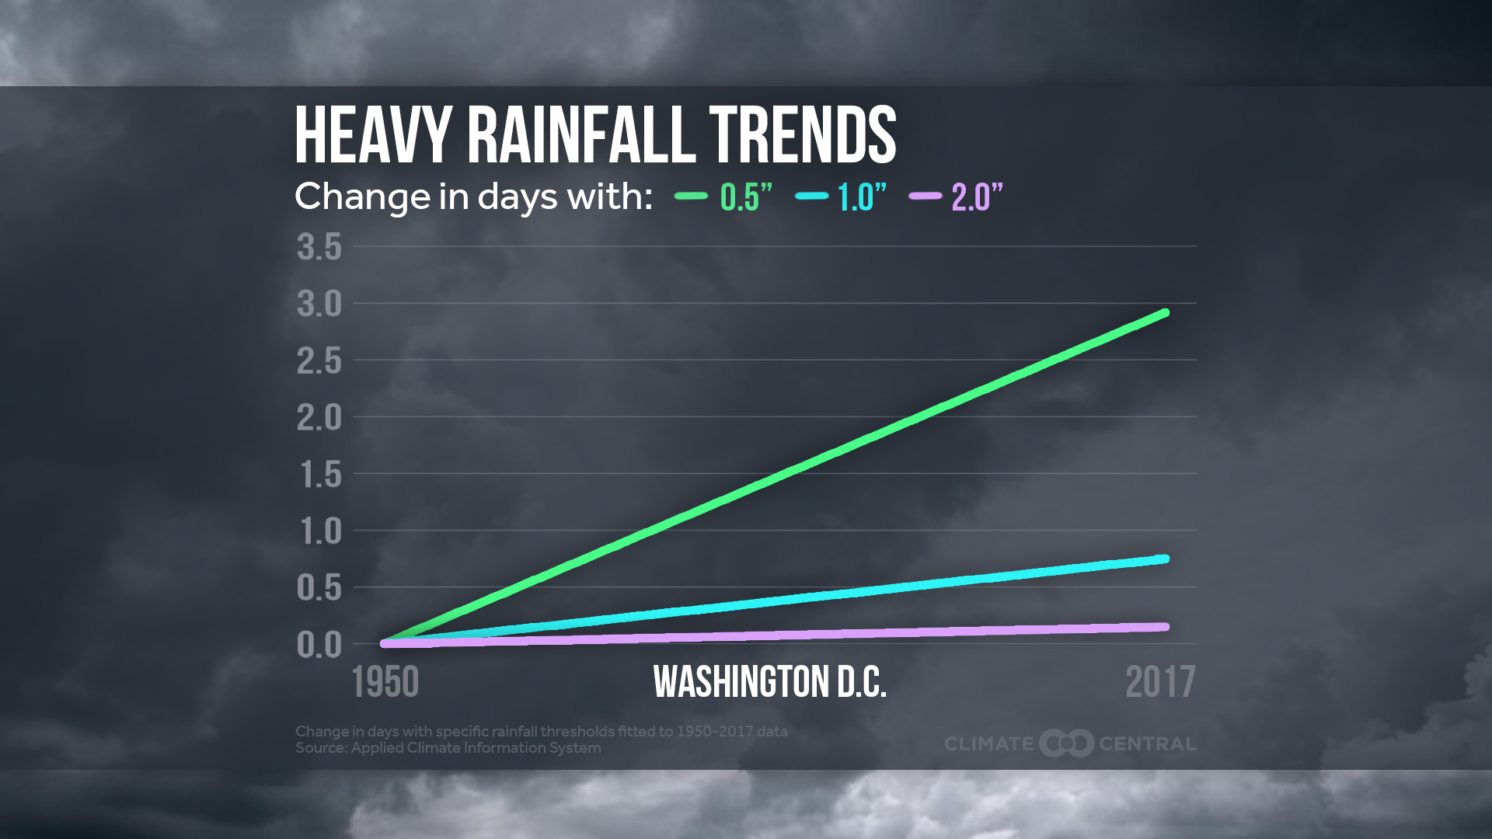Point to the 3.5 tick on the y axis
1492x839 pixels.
pyautogui.click(x=319, y=247)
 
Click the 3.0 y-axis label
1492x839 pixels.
pyautogui.click(x=319, y=304)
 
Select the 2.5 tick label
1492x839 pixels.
pyautogui.click(x=319, y=360)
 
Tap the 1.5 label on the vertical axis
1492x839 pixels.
pyautogui.click(x=319, y=474)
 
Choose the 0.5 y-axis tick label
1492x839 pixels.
pyautogui.click(x=319, y=587)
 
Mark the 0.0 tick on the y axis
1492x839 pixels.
pyautogui.click(x=319, y=644)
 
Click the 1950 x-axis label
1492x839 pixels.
pyautogui.click(x=385, y=682)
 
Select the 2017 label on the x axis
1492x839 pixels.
pyautogui.click(x=1160, y=682)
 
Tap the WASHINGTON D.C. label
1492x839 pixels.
pyautogui.click(x=769, y=682)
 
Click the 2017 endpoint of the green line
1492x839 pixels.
pyautogui.click(x=1164, y=313)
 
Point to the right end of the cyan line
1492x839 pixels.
pyautogui.click(x=1164, y=559)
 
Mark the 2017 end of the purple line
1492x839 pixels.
pyautogui.click(x=1164, y=627)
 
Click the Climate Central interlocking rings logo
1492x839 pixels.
pyautogui.click(x=1067, y=743)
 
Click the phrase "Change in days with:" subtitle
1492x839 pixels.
pyautogui.click(x=473, y=197)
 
